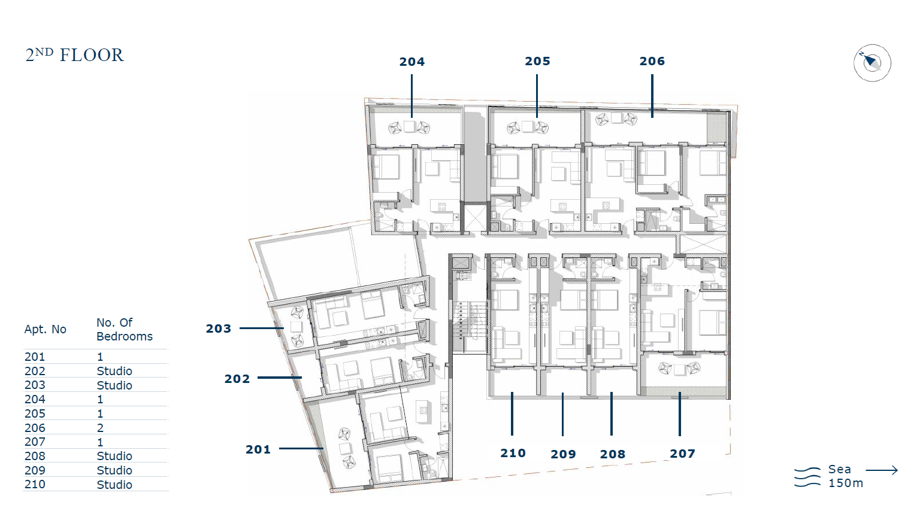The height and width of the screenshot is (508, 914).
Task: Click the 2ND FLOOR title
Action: click(x=74, y=55)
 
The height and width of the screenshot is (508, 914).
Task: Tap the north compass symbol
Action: click(x=873, y=63)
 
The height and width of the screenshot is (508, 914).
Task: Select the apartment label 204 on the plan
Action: click(x=411, y=62)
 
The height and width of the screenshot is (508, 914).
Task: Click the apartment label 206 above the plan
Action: click(x=652, y=61)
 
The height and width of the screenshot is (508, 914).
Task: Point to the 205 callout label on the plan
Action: click(x=537, y=61)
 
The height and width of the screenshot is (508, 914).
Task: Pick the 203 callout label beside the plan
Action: click(x=218, y=328)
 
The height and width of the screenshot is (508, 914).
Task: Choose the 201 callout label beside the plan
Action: click(x=258, y=449)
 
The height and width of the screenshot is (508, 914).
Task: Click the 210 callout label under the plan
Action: click(x=513, y=453)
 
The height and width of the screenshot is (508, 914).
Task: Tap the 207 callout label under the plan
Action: click(x=682, y=454)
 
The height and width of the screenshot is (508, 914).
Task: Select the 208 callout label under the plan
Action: click(x=613, y=454)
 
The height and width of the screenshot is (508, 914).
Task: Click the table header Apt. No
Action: click(x=46, y=330)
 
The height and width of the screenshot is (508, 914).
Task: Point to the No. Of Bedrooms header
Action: click(x=125, y=330)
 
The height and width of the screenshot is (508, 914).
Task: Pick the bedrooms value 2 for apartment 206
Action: click(x=100, y=428)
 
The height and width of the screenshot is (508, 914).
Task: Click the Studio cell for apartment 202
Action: click(x=114, y=371)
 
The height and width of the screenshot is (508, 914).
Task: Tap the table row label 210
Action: click(x=35, y=484)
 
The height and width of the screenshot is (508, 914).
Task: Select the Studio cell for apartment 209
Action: click(x=114, y=470)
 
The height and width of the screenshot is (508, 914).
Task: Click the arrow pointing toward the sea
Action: click(x=882, y=470)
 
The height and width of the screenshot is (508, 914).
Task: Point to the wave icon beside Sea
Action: click(x=807, y=477)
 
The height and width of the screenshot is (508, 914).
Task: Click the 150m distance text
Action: click(x=846, y=483)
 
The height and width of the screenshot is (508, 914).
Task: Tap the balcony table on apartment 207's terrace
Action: click(x=679, y=369)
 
